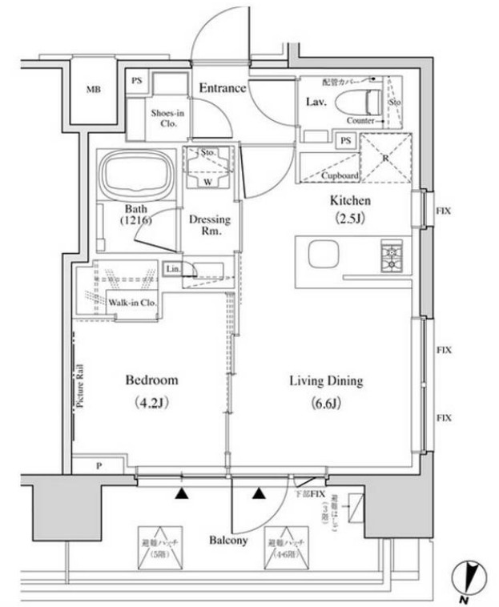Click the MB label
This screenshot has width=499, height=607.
94,90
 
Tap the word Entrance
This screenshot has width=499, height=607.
222,88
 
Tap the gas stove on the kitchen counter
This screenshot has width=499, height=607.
392,255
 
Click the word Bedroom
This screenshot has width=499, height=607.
152,380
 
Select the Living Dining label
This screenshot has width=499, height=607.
326,381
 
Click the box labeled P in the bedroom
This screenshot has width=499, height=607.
98,465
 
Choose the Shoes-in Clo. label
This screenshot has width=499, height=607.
168,119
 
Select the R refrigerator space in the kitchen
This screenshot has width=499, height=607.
386,158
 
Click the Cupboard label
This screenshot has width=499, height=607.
340,175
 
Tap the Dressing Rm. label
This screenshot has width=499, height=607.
209,225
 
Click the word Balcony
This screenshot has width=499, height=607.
226,540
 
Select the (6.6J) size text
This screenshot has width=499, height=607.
326,403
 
